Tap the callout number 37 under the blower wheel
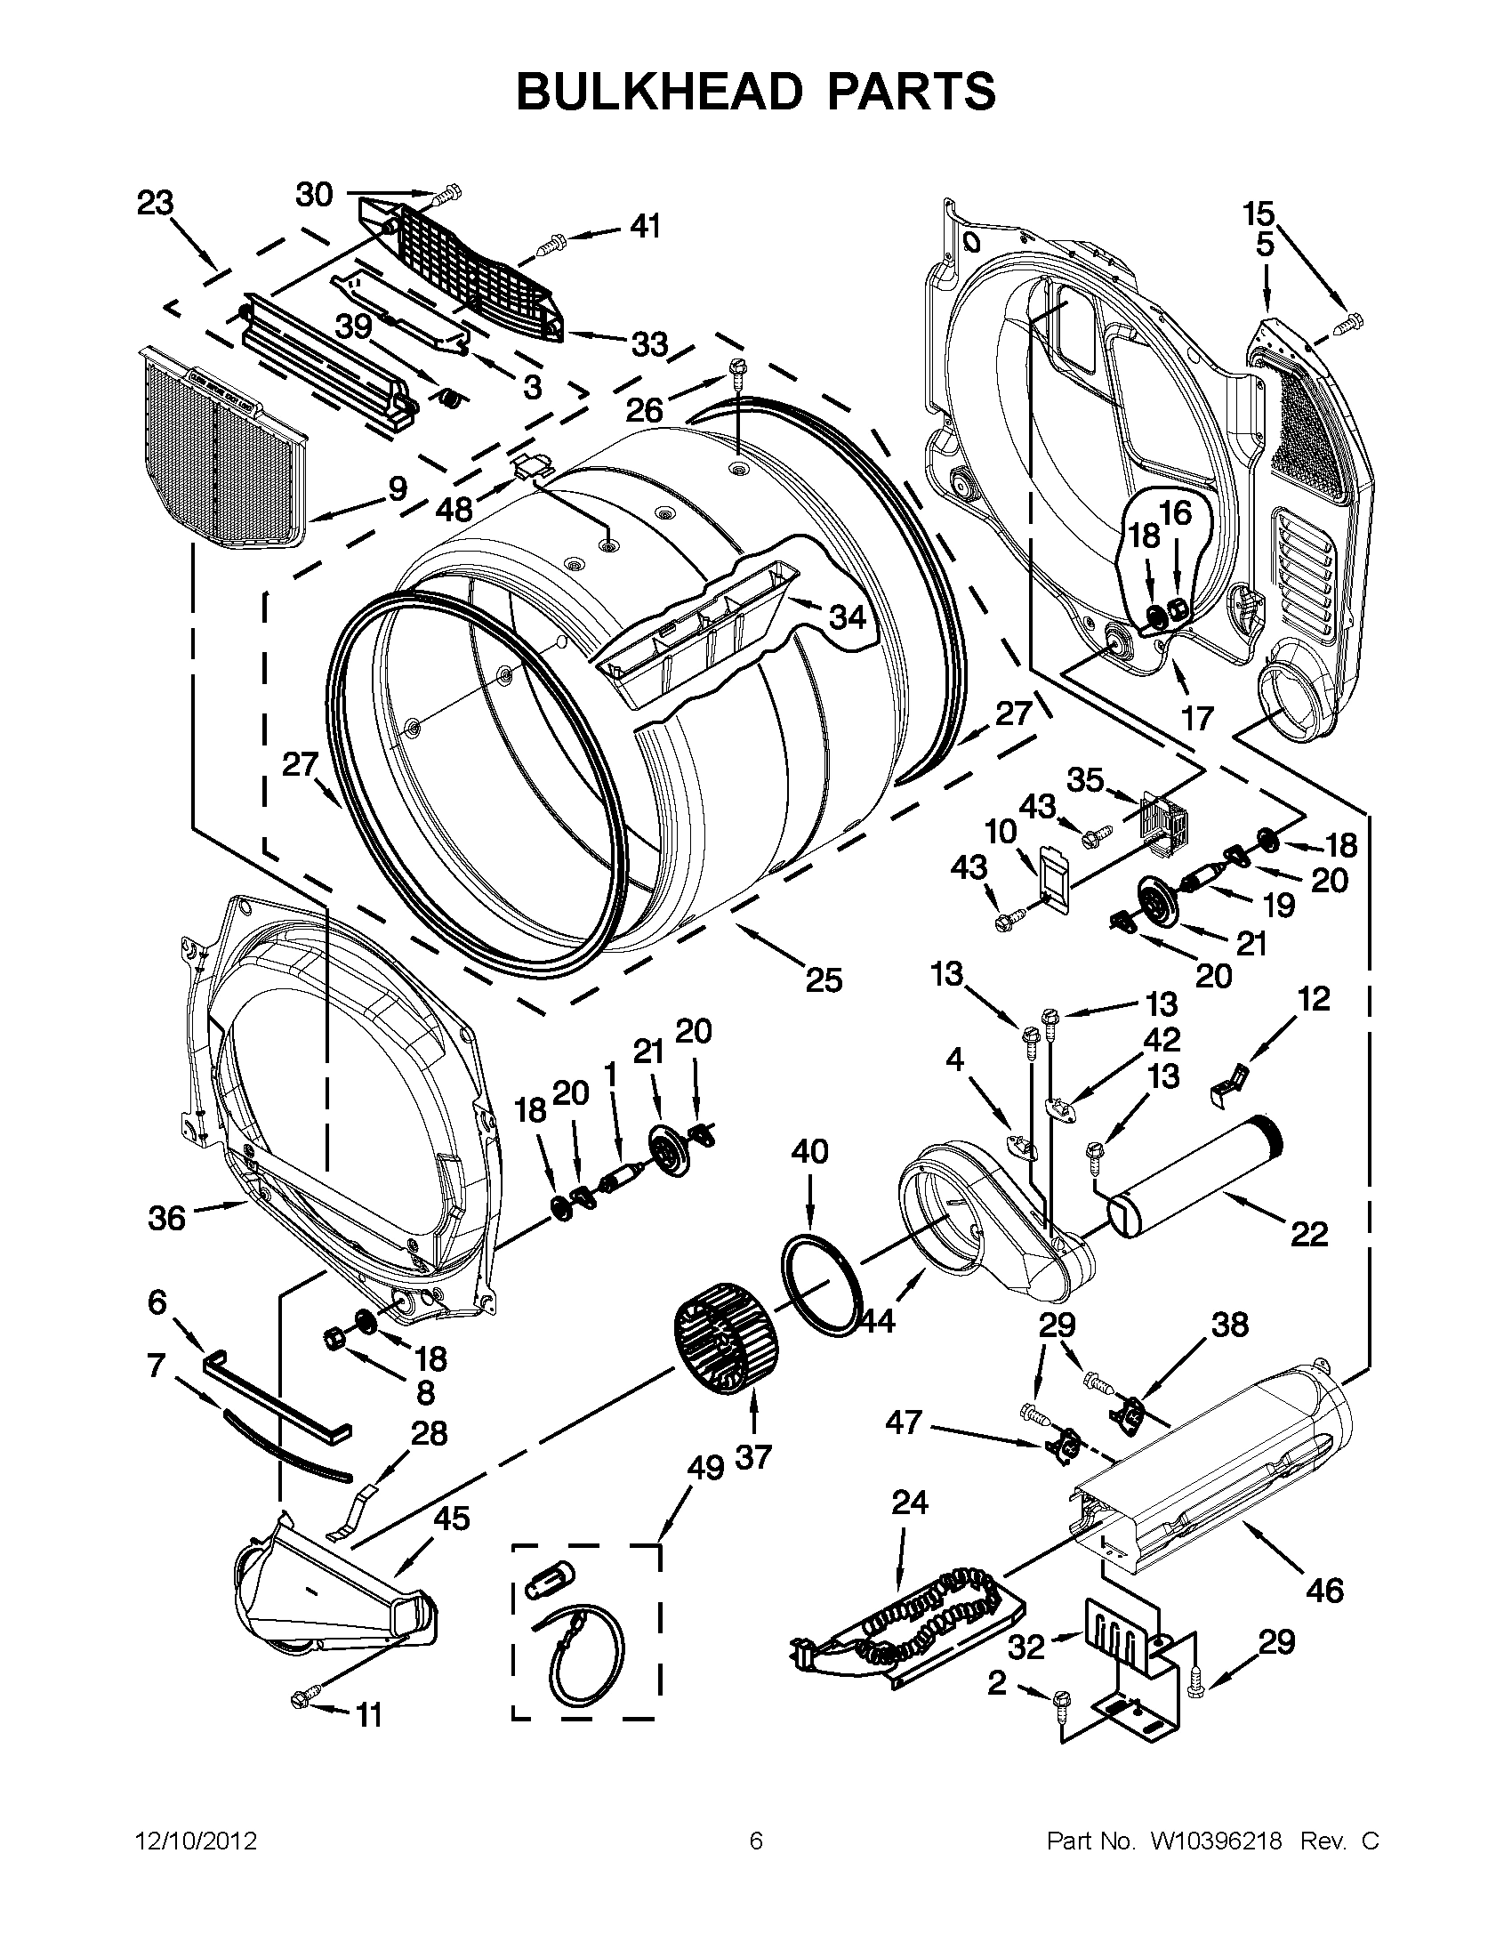(752, 1457)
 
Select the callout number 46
(1324, 1590)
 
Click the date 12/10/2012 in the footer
(196, 1841)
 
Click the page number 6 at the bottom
(755, 1841)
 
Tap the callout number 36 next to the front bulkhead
(166, 1218)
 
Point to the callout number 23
(155, 204)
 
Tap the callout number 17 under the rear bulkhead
(1197, 717)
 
